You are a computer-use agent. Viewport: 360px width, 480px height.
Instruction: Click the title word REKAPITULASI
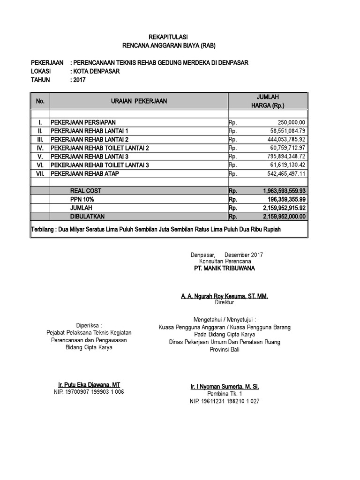[x=168, y=37]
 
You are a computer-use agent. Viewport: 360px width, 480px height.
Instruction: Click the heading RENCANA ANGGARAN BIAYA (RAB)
[x=168, y=45]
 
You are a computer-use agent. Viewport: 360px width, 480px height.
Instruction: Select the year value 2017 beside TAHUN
[x=79, y=80]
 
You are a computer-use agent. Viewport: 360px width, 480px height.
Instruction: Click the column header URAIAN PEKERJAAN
[x=139, y=101]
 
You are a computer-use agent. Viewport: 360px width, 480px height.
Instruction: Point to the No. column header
[x=40, y=101]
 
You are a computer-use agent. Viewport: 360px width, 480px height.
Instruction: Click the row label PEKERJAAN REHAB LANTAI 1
[x=89, y=131]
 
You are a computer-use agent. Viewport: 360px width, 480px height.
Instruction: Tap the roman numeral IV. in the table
[x=40, y=148]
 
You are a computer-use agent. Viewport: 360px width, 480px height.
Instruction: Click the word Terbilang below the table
[x=43, y=230]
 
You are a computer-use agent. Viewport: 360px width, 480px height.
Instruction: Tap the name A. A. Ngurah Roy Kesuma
[x=225, y=297]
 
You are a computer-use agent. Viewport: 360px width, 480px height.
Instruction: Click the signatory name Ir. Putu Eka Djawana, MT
[x=89, y=385]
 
